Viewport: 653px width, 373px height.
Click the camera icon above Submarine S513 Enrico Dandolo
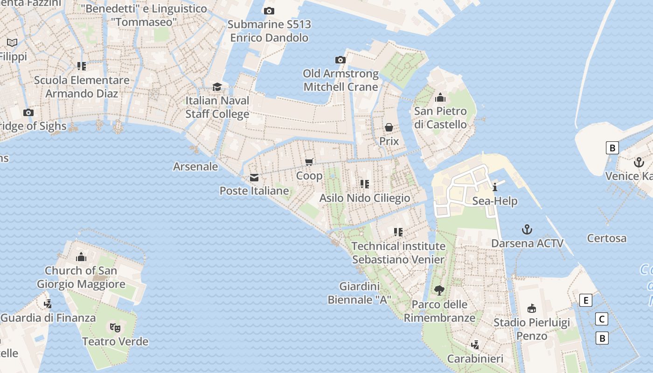pos(269,11)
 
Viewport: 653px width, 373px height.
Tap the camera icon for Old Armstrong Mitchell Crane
pos(340,60)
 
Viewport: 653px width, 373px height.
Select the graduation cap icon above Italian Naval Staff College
pos(217,87)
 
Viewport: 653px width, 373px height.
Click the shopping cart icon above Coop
pos(309,162)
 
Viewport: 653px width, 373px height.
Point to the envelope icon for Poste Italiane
pos(254,177)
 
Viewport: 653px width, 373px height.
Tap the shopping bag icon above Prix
pos(389,127)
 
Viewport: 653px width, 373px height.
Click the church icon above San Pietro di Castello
pos(440,97)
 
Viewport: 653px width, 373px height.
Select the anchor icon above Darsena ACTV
pos(527,229)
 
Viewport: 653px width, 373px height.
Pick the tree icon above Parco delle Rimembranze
pos(439,290)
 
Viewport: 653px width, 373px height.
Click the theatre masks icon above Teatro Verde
pos(115,327)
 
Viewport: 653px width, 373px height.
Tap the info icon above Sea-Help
pos(495,187)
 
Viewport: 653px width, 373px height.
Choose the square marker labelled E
pos(586,300)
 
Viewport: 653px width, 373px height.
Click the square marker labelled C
pos(602,319)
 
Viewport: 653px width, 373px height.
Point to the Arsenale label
pos(195,166)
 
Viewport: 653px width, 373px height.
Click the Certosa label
pos(607,238)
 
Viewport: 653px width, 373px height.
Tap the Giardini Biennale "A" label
pos(359,293)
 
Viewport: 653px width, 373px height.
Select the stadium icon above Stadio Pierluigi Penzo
pos(532,308)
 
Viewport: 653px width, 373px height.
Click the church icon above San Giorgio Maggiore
pos(81,257)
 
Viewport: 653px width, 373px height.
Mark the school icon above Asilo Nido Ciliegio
pos(365,184)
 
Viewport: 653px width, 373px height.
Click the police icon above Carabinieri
pos(475,345)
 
